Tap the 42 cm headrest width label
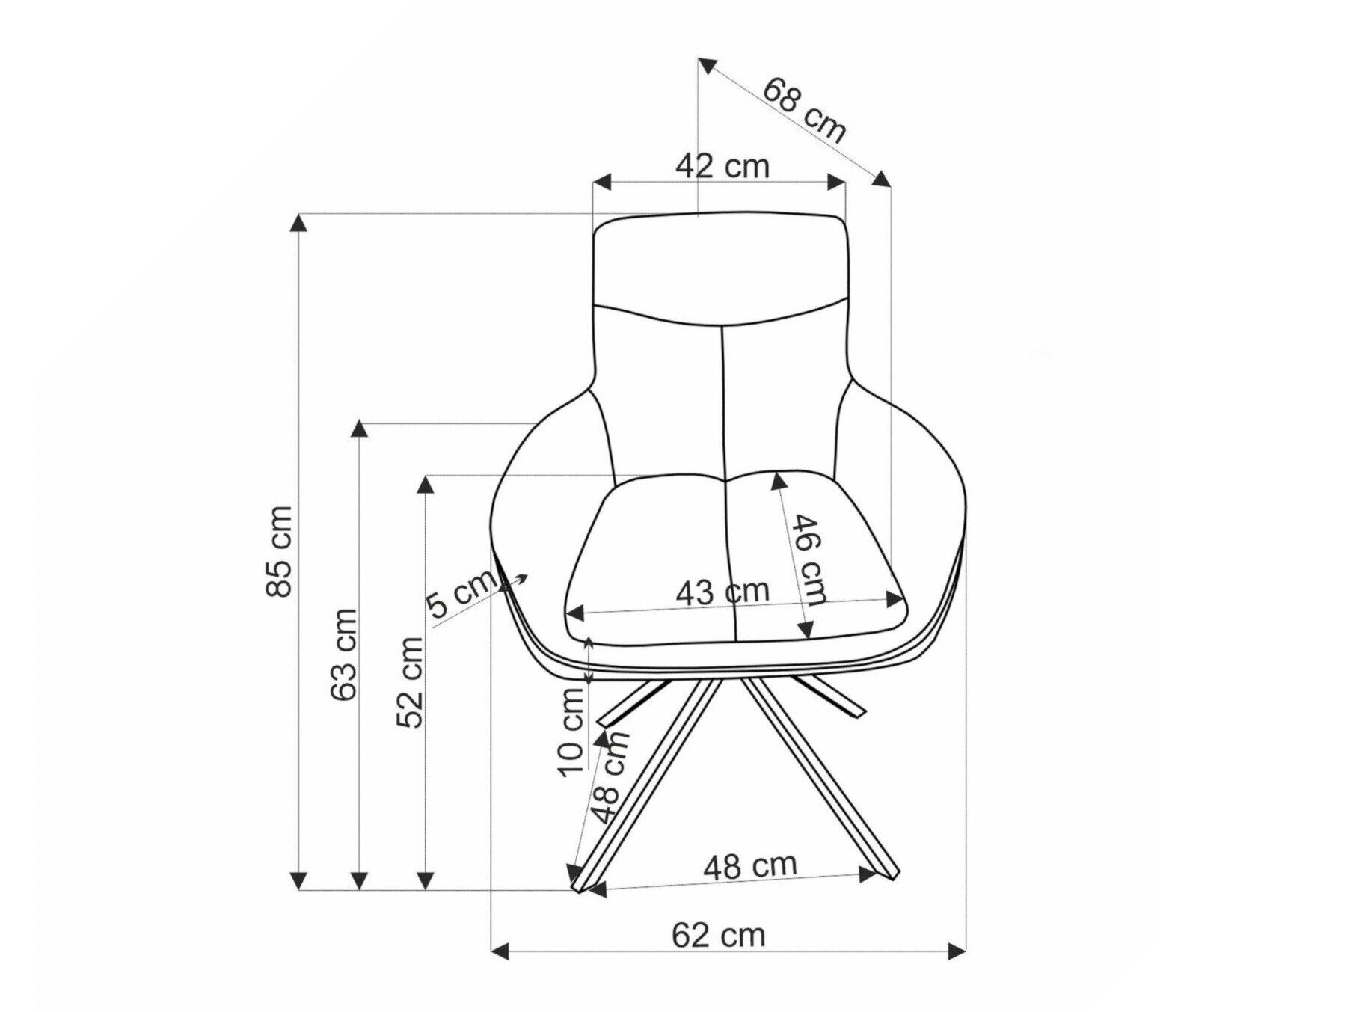pos(722,165)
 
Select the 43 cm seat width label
pos(722,592)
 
